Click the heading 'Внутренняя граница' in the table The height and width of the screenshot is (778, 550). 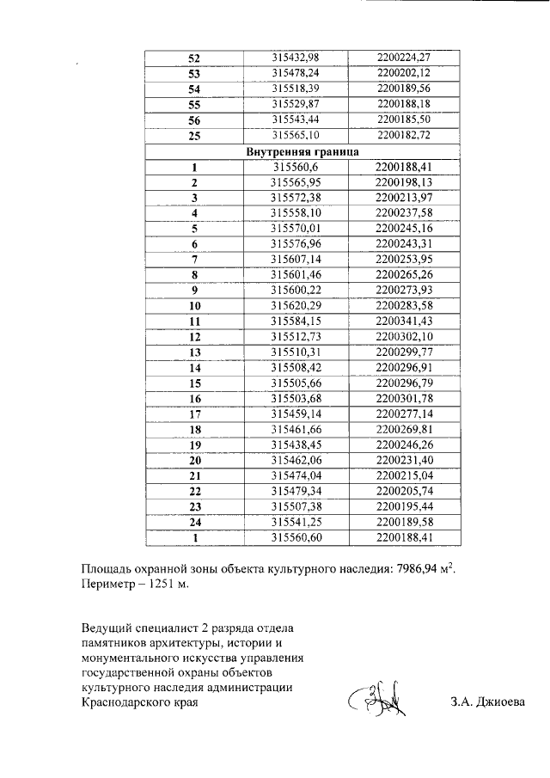296,152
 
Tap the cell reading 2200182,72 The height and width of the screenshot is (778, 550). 402,136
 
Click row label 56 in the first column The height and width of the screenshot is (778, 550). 193,120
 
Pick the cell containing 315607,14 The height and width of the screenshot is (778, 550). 296,259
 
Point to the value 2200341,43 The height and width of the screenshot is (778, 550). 402,321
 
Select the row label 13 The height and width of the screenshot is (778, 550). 194,352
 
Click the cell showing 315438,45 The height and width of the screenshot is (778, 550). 296,445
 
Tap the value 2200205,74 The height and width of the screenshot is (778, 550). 402,492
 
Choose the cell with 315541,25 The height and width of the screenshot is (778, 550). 296,523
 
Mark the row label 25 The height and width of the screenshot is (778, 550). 193,136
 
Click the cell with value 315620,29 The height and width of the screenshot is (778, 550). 296,305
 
